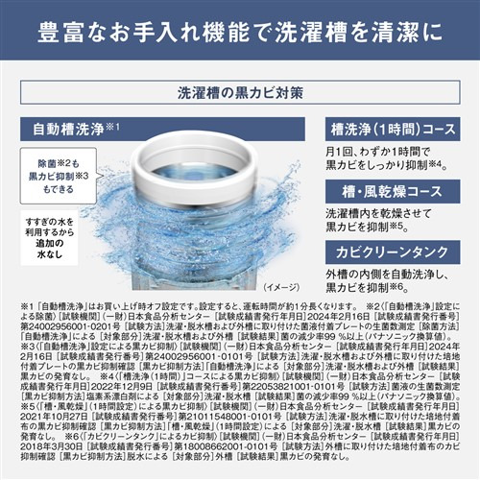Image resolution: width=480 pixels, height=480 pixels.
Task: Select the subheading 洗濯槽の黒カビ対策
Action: [240, 94]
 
